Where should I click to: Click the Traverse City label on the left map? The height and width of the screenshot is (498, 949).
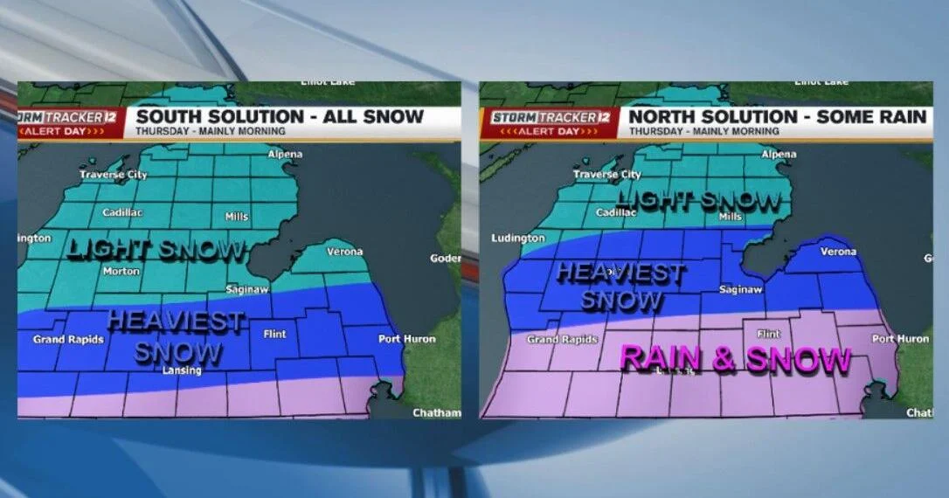[114, 175]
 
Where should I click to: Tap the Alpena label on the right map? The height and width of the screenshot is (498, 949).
[779, 155]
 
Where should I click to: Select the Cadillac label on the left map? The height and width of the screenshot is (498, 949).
[122, 212]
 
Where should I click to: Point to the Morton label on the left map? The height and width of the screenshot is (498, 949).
[121, 271]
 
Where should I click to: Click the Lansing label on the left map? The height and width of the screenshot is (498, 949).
[181, 370]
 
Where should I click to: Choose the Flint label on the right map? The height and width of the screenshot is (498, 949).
[768, 334]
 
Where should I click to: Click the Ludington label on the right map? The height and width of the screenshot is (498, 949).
[517, 238]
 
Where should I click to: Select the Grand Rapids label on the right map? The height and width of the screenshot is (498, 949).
[556, 339]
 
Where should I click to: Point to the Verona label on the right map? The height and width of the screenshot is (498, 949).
[839, 252]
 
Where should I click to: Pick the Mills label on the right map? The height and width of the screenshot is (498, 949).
[729, 216]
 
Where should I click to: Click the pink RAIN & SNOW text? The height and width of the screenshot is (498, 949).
[735, 359]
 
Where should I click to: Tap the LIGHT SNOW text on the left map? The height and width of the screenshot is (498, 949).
[156, 250]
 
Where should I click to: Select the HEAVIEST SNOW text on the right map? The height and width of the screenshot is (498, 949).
[620, 286]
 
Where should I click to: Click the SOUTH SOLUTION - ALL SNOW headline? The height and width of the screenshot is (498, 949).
[280, 116]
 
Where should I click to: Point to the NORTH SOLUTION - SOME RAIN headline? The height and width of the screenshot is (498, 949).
[777, 116]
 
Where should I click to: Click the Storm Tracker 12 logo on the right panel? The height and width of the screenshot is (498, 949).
[550, 116]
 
